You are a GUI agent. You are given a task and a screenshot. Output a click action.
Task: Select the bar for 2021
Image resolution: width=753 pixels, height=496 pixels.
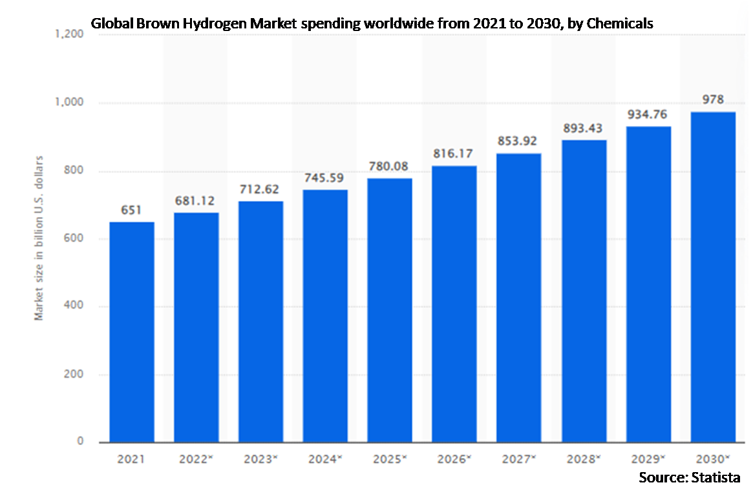tap(131, 332)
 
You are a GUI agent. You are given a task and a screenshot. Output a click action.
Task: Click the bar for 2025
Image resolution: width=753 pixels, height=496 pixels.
tap(390, 310)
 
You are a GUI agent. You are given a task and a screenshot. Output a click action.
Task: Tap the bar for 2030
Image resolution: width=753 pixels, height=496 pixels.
tap(713, 277)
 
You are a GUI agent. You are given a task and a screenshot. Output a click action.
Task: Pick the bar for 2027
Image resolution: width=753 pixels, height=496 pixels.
tap(519, 298)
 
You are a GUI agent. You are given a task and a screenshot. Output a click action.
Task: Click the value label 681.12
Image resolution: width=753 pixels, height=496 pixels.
tap(196, 201)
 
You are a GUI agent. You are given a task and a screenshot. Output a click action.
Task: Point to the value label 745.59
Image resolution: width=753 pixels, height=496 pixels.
tap(325, 178)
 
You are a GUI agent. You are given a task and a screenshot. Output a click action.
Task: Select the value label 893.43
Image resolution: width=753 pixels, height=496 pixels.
tap(584, 128)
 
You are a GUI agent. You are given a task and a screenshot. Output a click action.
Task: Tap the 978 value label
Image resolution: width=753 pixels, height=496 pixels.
tap(713, 100)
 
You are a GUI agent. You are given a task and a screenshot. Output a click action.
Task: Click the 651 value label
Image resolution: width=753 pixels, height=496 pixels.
tap(131, 211)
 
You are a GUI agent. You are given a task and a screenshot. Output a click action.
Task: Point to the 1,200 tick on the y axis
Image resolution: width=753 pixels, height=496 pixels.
tap(70, 35)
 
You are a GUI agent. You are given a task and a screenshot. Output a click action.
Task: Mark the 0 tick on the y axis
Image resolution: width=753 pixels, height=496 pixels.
tap(80, 442)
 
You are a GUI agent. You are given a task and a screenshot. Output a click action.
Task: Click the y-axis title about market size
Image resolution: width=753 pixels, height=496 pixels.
tap(39, 238)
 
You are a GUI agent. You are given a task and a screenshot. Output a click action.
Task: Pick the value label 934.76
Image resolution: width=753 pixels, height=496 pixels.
tap(648, 114)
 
